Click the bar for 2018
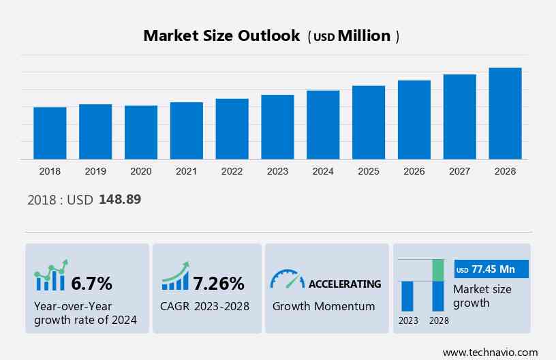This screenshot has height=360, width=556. [50, 133]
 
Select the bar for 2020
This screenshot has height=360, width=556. [141, 132]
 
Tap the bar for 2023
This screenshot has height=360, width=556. [277, 127]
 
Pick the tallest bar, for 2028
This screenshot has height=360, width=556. [505, 113]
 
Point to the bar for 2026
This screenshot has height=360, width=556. [414, 119]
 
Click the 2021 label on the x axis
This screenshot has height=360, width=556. [187, 172]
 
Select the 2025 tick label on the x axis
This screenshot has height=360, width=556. [369, 172]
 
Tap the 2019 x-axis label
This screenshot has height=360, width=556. [95, 172]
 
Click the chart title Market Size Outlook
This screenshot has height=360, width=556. [221, 36]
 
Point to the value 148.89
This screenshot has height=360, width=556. [120, 200]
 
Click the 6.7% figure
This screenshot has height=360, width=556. [91, 283]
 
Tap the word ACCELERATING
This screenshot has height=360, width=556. [345, 284]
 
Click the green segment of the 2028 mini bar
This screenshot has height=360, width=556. [438, 270]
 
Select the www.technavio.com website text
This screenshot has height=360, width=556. [490, 352]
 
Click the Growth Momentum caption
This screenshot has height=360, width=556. [324, 306]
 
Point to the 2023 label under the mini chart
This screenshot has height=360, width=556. [408, 320]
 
